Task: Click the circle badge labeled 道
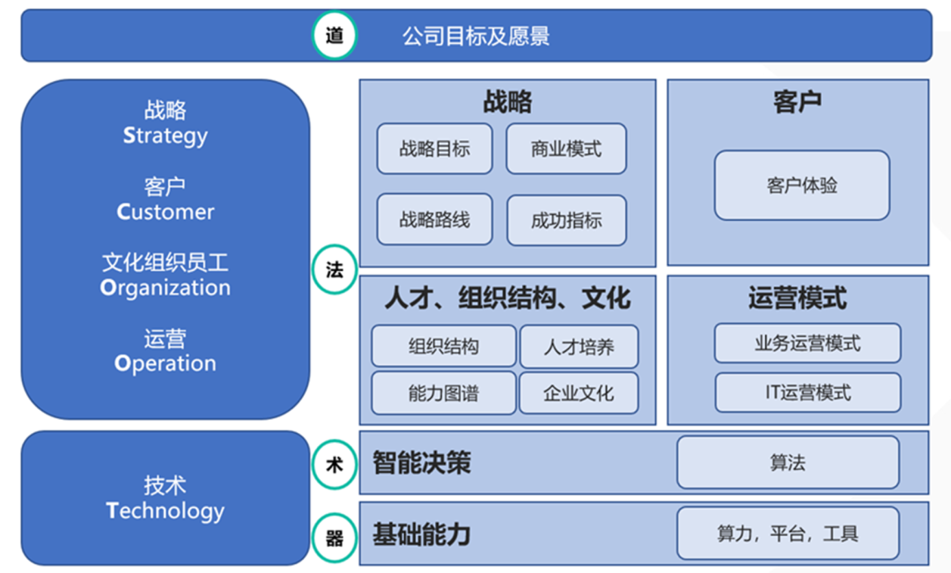(x=335, y=35)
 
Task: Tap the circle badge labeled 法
(x=335, y=269)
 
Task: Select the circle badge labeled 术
(x=335, y=465)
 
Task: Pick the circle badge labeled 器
(x=335, y=537)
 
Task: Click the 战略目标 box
(x=434, y=149)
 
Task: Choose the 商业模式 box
(x=566, y=149)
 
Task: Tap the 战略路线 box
(x=434, y=219)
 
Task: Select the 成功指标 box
(x=566, y=220)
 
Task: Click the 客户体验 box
(x=802, y=185)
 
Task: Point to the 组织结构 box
(x=443, y=346)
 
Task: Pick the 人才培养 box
(x=579, y=347)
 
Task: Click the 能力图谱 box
(x=443, y=393)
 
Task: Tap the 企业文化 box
(x=579, y=393)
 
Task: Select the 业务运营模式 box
(x=807, y=343)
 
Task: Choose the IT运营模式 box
(x=807, y=393)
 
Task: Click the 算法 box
(x=788, y=462)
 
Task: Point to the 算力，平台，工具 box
(x=788, y=533)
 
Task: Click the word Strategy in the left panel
(x=165, y=136)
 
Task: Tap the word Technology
(x=165, y=511)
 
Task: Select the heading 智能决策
(x=422, y=463)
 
